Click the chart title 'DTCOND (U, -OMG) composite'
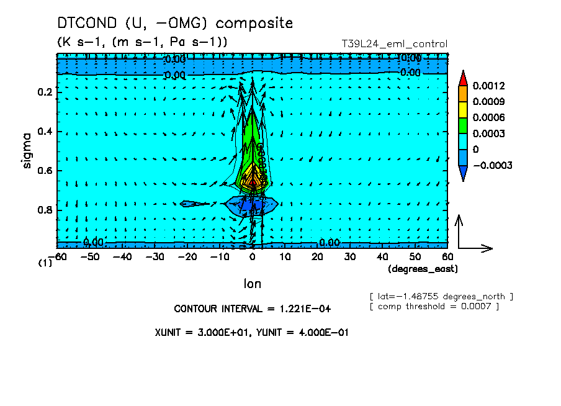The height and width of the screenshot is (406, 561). (x=174, y=23)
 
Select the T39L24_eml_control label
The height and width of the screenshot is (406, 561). (x=395, y=44)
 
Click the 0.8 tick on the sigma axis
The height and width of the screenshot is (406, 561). (x=45, y=210)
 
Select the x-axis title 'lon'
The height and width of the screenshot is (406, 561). (x=252, y=284)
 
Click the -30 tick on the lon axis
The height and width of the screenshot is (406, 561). (x=156, y=256)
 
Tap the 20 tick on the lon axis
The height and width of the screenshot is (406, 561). (x=317, y=256)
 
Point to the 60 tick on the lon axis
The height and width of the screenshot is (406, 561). (x=447, y=256)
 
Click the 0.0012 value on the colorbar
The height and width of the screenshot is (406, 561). (x=489, y=86)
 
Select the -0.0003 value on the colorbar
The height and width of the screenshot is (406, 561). (x=491, y=166)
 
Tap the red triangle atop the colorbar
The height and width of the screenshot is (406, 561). (x=463, y=78)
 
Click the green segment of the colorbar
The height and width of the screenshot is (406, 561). (x=463, y=125)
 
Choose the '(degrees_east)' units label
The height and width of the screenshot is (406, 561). (x=423, y=269)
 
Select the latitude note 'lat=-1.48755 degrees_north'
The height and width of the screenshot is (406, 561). (x=441, y=295)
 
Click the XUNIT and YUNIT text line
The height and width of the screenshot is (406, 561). (x=252, y=332)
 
